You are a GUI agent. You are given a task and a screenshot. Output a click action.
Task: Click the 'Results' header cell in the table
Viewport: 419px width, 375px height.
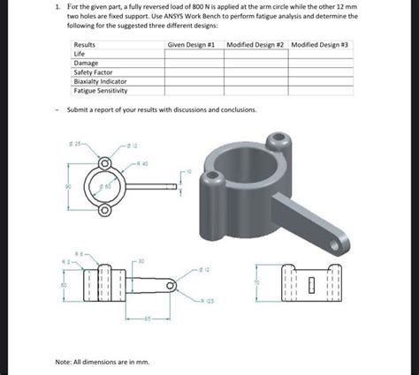[x=85, y=44]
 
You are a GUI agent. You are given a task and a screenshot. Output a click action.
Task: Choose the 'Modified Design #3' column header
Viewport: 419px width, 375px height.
[x=320, y=44]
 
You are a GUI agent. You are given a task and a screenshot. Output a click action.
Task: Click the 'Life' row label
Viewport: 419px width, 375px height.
[x=80, y=54]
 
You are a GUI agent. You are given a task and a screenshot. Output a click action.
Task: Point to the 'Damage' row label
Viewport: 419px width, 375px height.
[x=86, y=64]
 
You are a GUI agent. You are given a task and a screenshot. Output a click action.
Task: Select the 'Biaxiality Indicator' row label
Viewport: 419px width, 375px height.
[x=101, y=81]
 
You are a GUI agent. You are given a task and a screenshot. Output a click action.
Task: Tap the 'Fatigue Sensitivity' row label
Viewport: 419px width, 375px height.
[x=101, y=90]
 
